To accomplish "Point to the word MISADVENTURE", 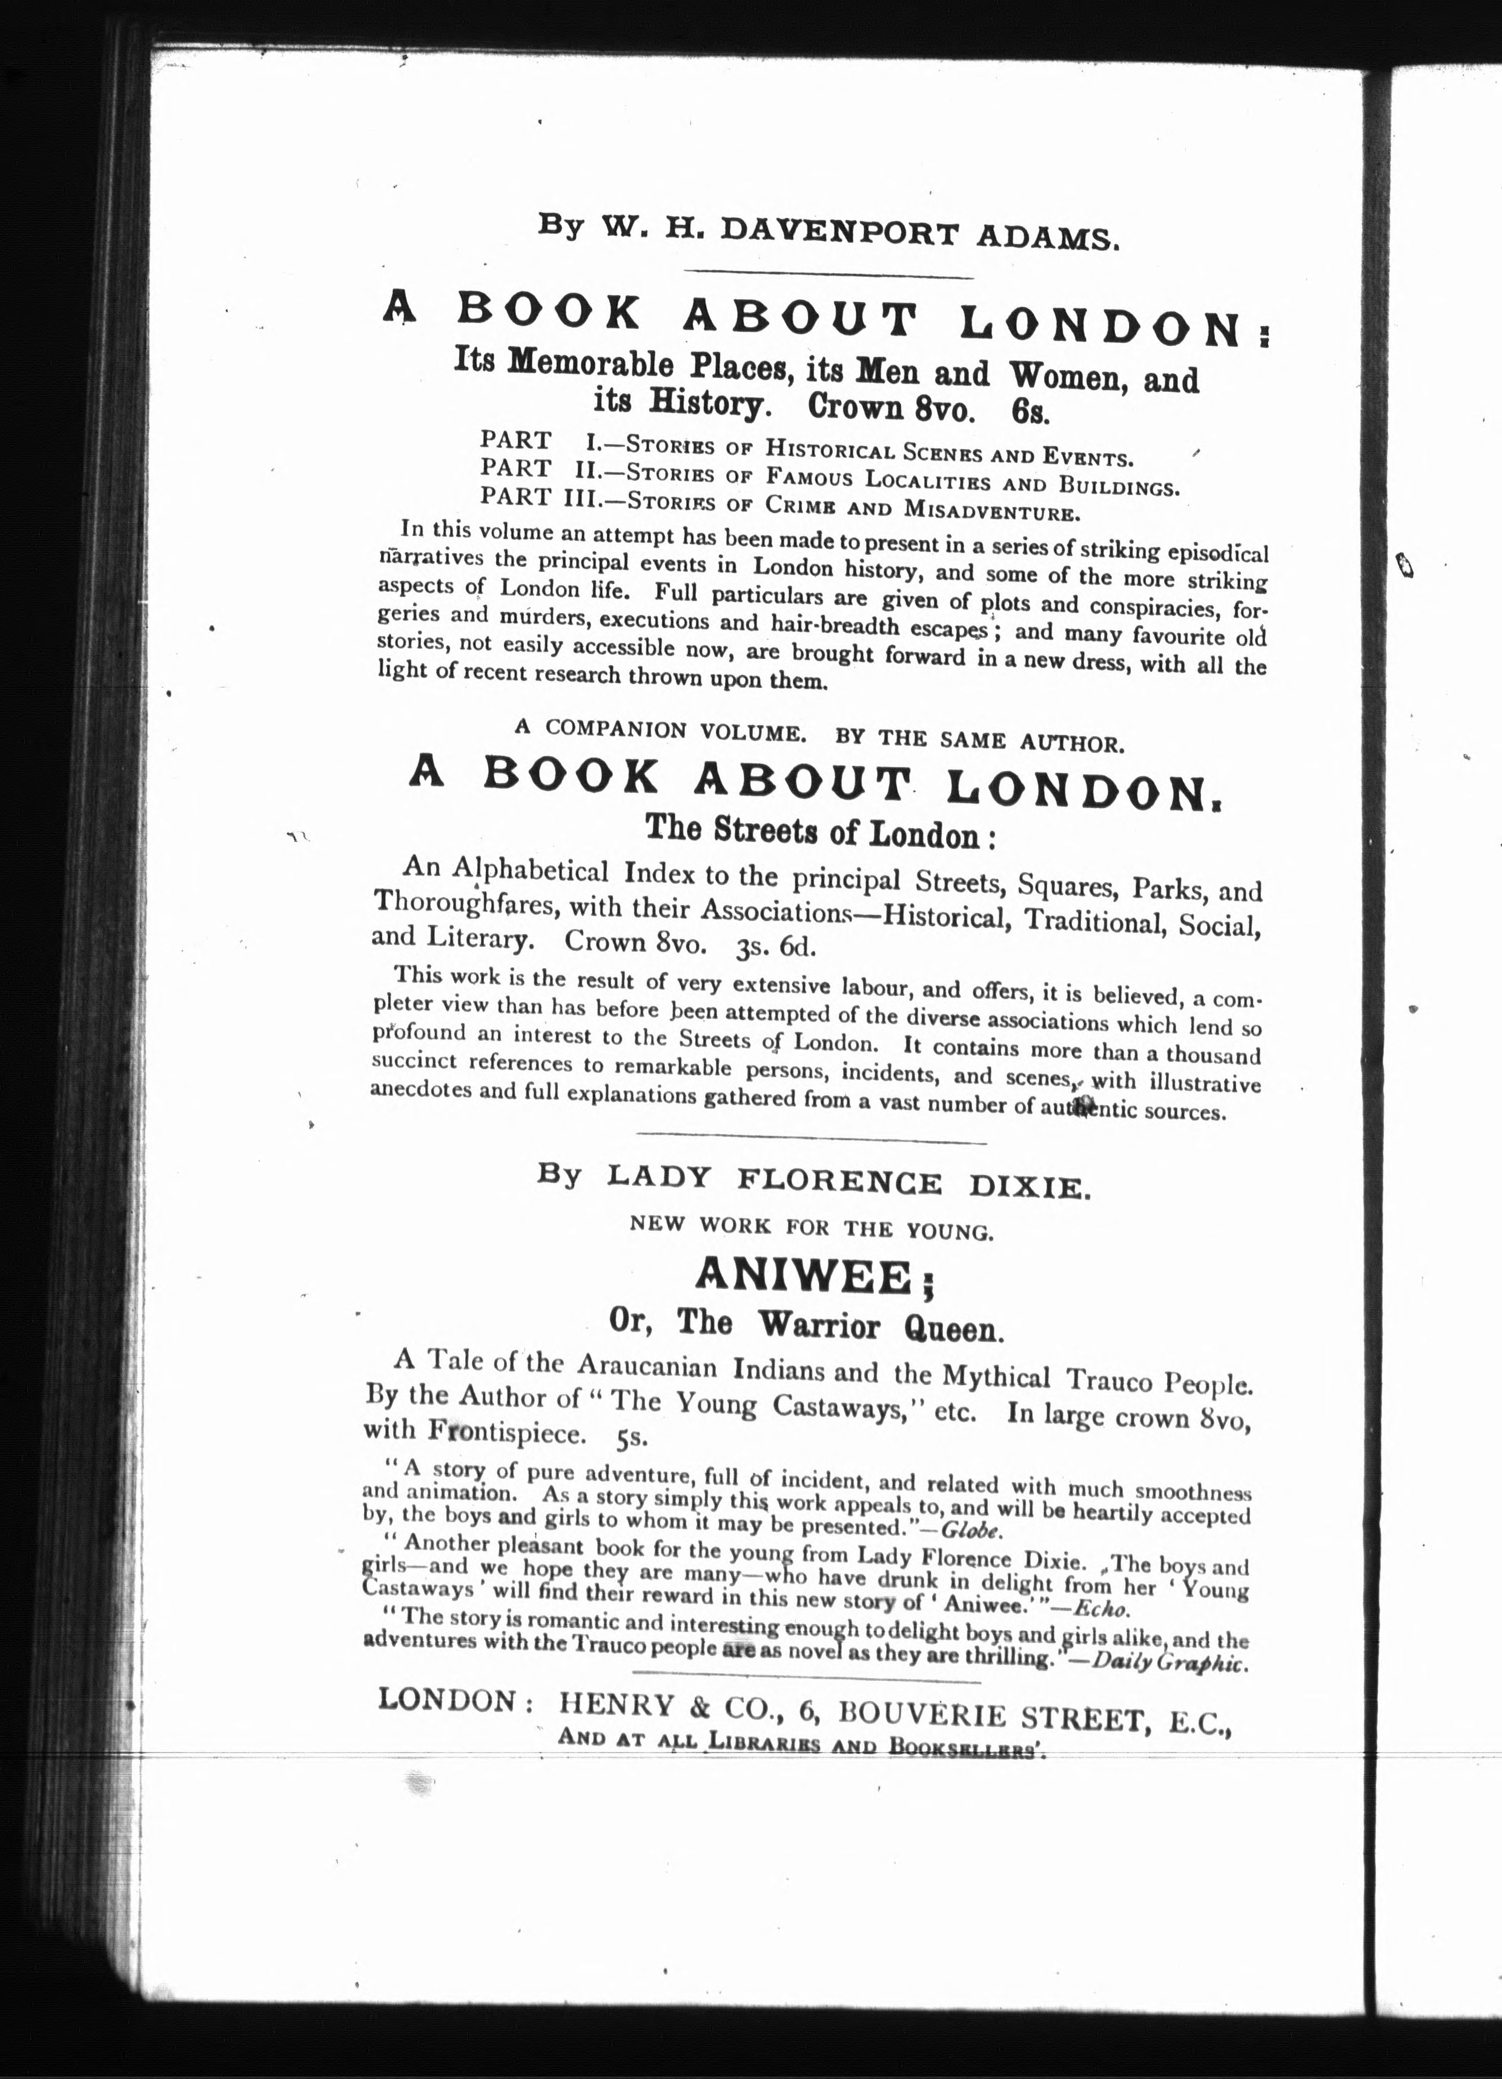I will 985,509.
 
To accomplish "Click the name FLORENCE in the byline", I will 839,1182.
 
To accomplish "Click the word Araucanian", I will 647,1366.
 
